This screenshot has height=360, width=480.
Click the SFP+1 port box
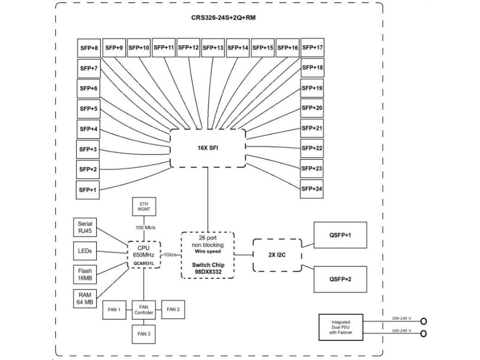coord(89,189)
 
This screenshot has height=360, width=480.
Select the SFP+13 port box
coord(213,48)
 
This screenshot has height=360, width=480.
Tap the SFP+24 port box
coord(312,189)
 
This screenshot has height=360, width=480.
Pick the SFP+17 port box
coord(312,48)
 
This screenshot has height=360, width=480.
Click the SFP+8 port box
coord(89,48)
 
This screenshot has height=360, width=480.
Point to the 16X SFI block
coord(208,148)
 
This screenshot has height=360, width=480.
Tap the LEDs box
coord(85,251)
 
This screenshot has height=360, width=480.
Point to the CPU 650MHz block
coord(144,255)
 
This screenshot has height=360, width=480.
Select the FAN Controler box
coord(144,309)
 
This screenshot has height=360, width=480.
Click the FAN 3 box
coord(144,334)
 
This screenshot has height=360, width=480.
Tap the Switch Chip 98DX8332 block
coord(208,255)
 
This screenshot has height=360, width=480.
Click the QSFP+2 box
coord(340,278)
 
